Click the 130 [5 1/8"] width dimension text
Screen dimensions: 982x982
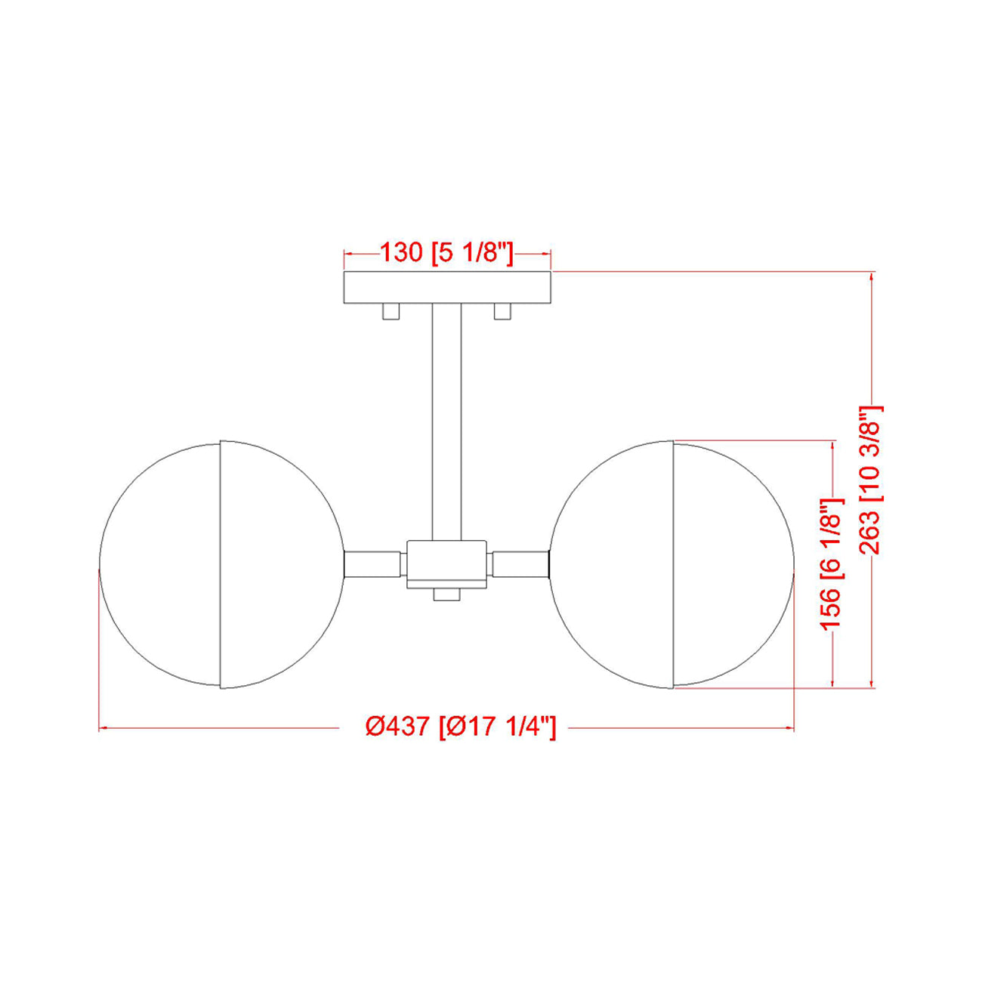[446, 253]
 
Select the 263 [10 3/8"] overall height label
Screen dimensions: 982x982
[870, 480]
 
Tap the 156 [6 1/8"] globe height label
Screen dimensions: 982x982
[831, 564]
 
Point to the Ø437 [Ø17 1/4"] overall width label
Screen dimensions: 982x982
[461, 727]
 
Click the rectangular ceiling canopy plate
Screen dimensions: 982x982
[447, 287]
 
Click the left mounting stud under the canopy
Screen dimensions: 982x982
[391, 311]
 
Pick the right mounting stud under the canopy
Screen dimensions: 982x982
[503, 311]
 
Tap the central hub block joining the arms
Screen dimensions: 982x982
[446, 564]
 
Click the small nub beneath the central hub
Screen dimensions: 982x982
[446, 595]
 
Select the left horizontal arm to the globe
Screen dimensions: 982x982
[372, 564]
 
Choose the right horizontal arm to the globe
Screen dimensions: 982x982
[520, 564]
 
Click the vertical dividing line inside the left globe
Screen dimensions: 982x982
[220, 564]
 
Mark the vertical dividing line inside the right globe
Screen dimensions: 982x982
[673, 564]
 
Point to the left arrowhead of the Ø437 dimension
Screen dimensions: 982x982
[104, 728]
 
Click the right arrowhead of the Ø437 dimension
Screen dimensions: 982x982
[789, 728]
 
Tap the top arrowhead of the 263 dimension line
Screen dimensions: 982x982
[872, 276]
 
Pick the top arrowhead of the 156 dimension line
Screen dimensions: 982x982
[833, 446]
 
